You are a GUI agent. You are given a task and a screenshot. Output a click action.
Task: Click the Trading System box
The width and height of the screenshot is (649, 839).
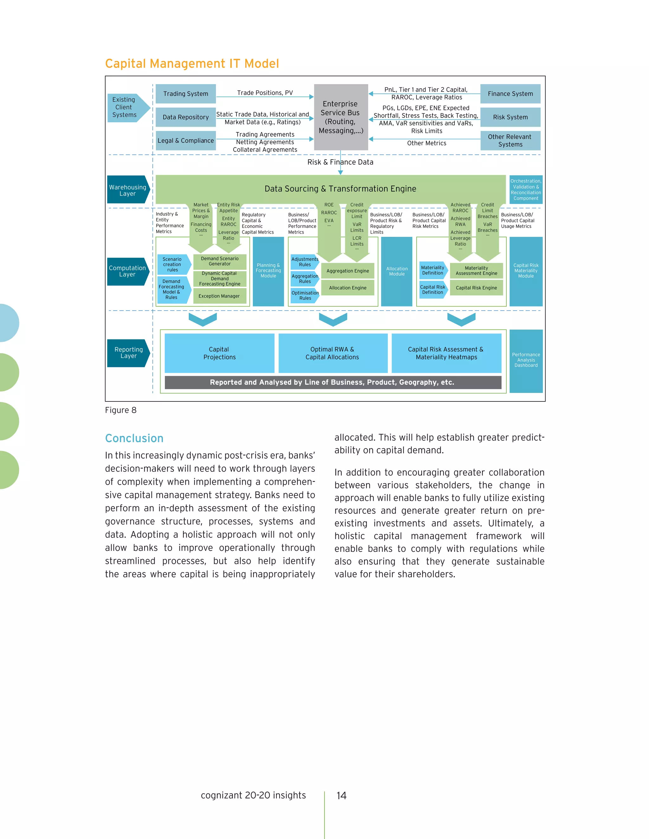coord(185,94)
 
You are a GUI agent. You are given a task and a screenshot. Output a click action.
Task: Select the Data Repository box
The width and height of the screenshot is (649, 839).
coord(185,117)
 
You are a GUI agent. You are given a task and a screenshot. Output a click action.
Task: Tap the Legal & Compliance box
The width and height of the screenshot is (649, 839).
coord(185,141)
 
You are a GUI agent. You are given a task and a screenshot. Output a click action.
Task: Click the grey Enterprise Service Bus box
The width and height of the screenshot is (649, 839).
coord(341,117)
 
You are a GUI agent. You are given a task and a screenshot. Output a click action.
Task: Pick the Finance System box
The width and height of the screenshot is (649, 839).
coord(510,94)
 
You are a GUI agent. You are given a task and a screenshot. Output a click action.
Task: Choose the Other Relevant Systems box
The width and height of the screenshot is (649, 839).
coord(510,141)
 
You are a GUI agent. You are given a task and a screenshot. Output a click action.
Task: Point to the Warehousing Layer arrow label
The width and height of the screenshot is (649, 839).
coord(128,190)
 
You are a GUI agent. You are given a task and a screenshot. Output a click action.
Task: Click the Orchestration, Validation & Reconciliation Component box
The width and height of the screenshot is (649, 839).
coord(526,189)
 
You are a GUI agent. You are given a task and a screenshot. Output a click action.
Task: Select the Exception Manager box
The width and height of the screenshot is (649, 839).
coord(219,296)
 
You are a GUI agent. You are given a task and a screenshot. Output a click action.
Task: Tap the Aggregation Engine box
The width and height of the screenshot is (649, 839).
coord(348,271)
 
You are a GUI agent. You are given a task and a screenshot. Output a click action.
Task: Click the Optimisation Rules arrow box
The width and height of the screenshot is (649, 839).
coord(305,295)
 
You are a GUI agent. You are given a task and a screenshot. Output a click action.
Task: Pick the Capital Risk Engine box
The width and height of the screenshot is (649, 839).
coord(476,288)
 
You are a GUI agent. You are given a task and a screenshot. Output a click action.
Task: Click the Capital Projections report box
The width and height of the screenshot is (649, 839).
coord(219,353)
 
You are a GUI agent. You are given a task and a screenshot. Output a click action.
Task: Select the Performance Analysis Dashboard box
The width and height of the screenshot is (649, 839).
coord(526,360)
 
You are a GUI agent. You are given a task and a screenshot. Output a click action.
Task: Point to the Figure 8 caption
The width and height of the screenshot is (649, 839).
coord(121,410)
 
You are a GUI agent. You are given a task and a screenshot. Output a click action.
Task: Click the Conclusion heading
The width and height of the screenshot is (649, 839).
coord(134,438)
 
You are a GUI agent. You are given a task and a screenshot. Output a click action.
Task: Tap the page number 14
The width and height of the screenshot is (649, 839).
coord(341,796)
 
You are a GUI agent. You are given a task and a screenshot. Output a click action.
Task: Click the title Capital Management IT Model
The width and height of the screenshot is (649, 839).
coord(192,63)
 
